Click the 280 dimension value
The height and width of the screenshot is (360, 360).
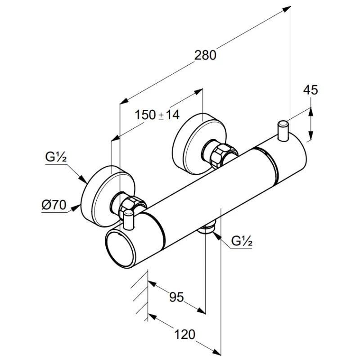[x=206, y=55]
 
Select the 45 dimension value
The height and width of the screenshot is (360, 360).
[x=310, y=90]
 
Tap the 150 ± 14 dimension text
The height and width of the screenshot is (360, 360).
[x=157, y=115]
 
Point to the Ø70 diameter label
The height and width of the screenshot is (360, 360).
[x=54, y=206]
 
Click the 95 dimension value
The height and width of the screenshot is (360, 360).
[x=176, y=297]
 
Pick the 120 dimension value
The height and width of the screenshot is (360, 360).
[x=185, y=334]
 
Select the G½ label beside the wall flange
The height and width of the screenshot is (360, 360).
[x=56, y=158]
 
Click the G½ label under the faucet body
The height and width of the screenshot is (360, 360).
[x=241, y=241]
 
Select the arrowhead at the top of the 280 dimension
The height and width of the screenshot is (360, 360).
[x=287, y=9]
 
